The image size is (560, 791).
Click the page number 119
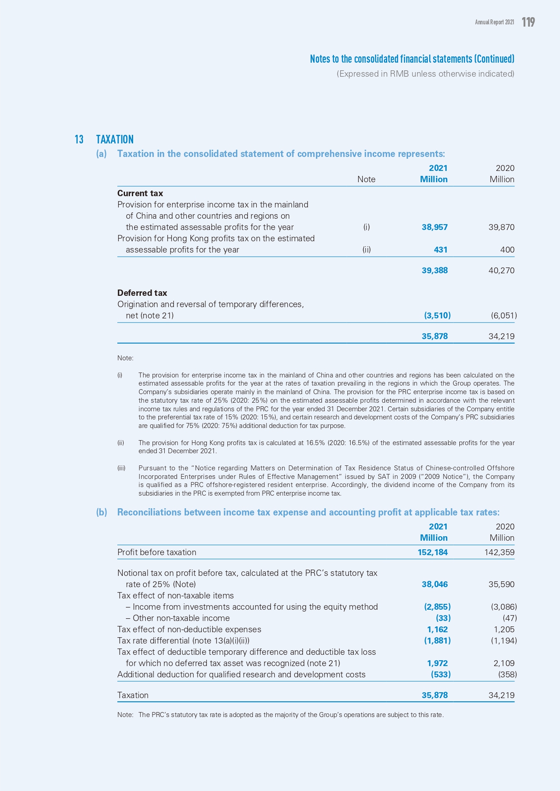[x=528, y=22]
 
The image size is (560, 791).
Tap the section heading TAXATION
[x=115, y=139]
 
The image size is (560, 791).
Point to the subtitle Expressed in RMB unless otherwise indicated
[x=425, y=74]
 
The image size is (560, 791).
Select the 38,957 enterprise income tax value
[x=435, y=227]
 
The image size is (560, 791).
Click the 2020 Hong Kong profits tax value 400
[x=507, y=250]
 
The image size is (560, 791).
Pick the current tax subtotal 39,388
[x=435, y=271]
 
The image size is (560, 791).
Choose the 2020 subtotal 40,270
[x=501, y=271]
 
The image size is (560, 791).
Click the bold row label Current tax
[x=140, y=193]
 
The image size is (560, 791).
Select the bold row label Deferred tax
[x=142, y=293]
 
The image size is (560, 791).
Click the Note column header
[x=366, y=179]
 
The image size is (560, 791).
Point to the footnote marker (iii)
[x=121, y=468]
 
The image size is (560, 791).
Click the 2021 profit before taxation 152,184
[x=432, y=552]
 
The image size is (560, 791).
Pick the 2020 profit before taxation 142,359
[x=499, y=552]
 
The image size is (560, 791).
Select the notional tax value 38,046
[x=435, y=584]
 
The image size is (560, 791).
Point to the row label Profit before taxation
[x=157, y=552]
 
